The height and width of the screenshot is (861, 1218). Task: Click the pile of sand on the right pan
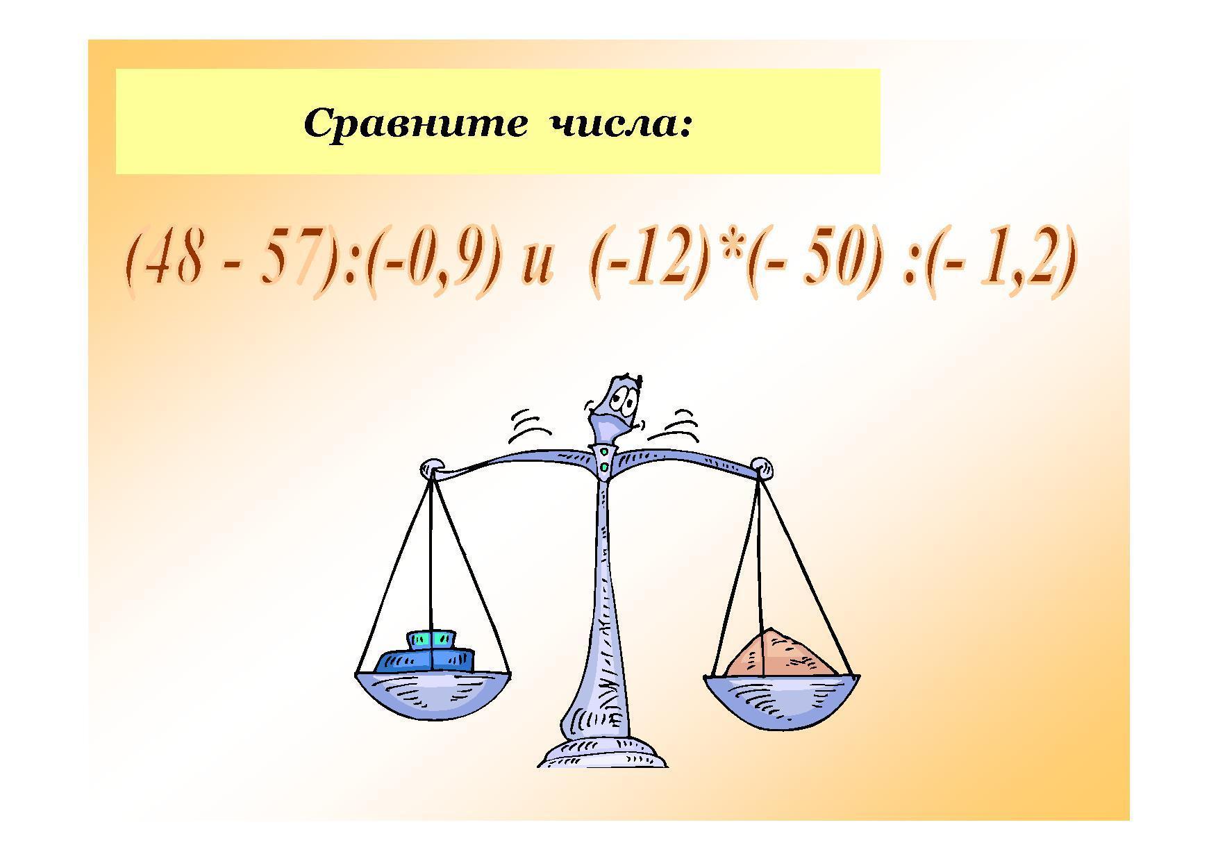(781, 653)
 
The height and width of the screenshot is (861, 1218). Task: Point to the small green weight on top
(431, 639)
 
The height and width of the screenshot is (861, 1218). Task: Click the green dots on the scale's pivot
(605, 460)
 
